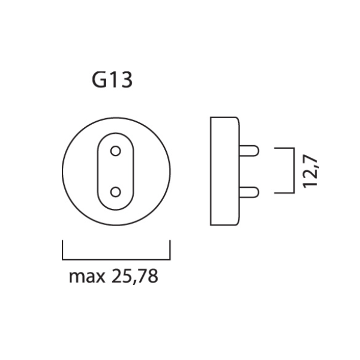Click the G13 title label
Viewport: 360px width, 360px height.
click(x=112, y=81)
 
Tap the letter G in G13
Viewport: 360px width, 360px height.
click(x=99, y=81)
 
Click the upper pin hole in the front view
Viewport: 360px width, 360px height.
click(x=116, y=150)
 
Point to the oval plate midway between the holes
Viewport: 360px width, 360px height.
click(x=116, y=171)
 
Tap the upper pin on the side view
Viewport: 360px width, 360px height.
click(x=250, y=150)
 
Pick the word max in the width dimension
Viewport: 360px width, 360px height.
click(x=85, y=278)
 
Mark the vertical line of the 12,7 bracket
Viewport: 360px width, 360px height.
click(x=293, y=171)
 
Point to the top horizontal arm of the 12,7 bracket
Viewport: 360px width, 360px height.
click(x=284, y=148)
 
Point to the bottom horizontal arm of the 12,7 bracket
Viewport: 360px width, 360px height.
click(x=284, y=193)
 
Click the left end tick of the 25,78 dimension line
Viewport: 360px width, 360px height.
click(x=63, y=250)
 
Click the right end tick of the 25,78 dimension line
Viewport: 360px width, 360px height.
click(x=170, y=250)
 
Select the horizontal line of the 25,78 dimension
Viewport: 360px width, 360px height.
click(x=116, y=259)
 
